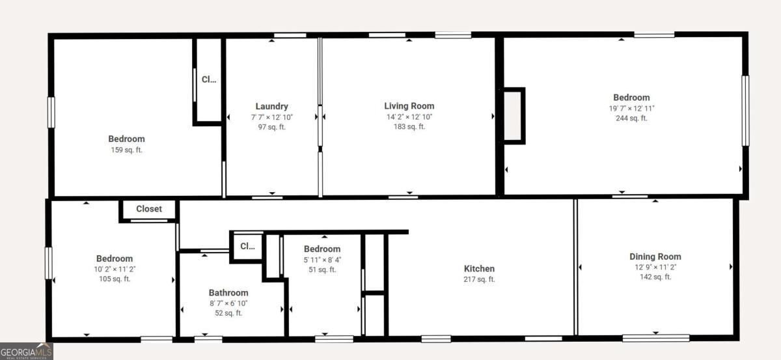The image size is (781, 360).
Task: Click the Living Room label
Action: pos(409,106)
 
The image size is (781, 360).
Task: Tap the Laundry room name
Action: pos(271,106)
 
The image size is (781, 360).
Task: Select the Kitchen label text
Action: pos(479,269)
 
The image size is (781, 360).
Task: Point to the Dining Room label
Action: pos(655,256)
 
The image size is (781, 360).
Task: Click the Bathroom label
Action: pos(228,293)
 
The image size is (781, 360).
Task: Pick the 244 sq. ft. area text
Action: pos(631,118)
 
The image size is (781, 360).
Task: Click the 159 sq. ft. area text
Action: pos(126,150)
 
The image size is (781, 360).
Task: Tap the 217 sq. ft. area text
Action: pos(479,279)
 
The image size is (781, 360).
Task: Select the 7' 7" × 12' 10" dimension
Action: pos(271,117)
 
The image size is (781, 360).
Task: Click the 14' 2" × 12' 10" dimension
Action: pos(409,117)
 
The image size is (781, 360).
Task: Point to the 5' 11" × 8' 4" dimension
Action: pos(322,260)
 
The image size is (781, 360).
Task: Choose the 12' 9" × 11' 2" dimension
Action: pos(655,267)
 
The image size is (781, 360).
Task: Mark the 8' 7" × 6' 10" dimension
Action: pos(228,303)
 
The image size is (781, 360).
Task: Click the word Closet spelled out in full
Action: pos(149,209)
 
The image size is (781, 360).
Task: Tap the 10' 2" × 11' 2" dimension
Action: pos(115,270)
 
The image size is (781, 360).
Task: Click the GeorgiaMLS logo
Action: pos(27,352)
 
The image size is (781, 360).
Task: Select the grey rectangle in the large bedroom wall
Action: pos(513,116)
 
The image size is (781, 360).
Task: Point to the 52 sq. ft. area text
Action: pos(228,313)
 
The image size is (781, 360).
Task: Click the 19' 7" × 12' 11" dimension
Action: pos(631,109)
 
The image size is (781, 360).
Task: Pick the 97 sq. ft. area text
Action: pos(271,128)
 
